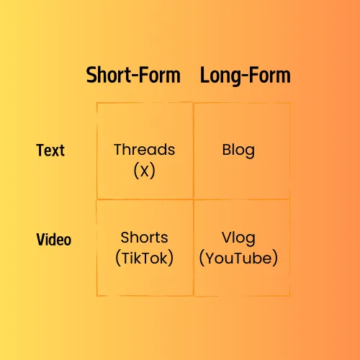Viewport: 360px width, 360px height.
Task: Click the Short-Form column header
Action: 133,75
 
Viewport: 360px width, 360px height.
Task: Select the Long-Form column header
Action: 246,76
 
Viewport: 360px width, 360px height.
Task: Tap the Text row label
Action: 50,150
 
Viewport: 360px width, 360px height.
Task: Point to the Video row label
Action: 54,239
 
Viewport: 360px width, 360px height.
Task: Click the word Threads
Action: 145,150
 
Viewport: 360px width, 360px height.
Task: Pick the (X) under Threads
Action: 144,171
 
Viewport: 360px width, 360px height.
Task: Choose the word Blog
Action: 238,150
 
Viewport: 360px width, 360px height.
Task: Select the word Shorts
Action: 144,238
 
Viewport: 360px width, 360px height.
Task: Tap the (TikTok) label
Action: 144,258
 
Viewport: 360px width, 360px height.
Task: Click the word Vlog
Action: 238,238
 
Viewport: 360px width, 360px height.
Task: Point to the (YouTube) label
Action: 238,258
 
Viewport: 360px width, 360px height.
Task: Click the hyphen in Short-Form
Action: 135,76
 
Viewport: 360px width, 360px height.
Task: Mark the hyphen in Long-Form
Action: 245,76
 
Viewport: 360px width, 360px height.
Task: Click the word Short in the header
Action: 109,75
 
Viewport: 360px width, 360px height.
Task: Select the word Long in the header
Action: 220,76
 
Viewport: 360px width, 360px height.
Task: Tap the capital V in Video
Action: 41,239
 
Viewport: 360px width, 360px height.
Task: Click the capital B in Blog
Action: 227,150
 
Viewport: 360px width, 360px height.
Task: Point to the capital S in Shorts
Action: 125,238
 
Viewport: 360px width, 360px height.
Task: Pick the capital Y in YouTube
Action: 212,258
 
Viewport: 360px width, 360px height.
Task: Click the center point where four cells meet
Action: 194,199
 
